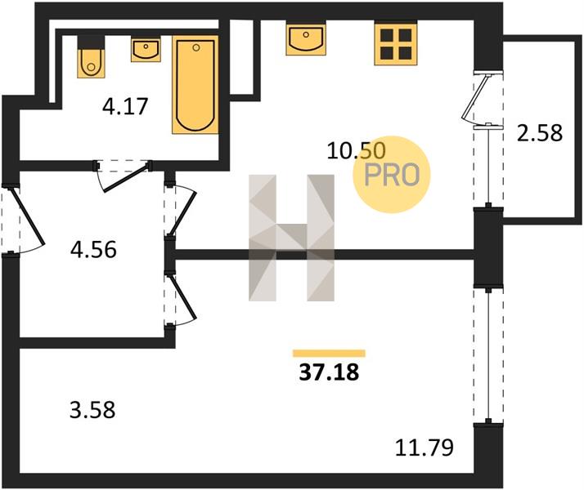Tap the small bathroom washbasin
[146, 50]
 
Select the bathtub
[195, 84]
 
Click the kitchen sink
[306, 38]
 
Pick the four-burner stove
[396, 44]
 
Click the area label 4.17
[125, 106]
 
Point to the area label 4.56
[93, 249]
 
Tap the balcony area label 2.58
[540, 133]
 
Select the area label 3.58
[92, 411]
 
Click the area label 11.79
[425, 448]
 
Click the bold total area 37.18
[330, 372]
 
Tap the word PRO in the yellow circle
[392, 175]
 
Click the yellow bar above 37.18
[330, 353]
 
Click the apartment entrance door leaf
[29, 216]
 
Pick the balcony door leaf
[475, 97]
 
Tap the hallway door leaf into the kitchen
[183, 213]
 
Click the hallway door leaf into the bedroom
[183, 296]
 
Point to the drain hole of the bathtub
[196, 47]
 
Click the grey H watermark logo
[292, 238]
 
